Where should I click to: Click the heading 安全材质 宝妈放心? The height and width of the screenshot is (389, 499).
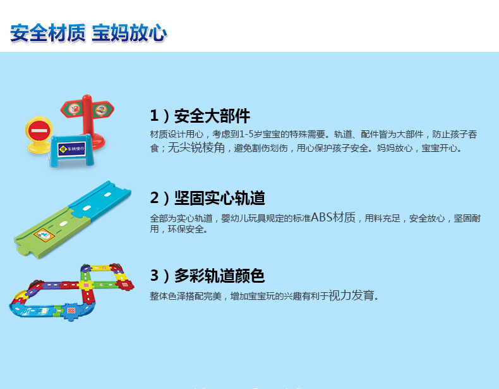tap(88, 33)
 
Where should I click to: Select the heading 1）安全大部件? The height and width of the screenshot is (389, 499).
tap(200, 116)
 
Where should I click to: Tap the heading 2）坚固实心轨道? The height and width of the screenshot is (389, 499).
tap(207, 198)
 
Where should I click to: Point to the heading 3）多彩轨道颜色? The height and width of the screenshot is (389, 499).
tap(207, 276)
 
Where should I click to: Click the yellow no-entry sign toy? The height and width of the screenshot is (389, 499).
tap(39, 135)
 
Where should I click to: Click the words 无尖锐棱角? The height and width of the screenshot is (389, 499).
tap(196, 147)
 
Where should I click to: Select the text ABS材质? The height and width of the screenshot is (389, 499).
tap(333, 218)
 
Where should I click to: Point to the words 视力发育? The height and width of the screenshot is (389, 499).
tap(351, 295)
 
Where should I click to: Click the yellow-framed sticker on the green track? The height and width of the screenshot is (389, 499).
tap(44, 235)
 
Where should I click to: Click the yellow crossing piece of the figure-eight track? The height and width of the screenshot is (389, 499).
tap(86, 285)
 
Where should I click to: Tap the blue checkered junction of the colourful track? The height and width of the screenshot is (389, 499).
tap(71, 311)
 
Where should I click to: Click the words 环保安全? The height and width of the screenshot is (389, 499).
tap(186, 229)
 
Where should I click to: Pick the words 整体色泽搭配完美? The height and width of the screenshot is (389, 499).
tap(186, 296)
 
